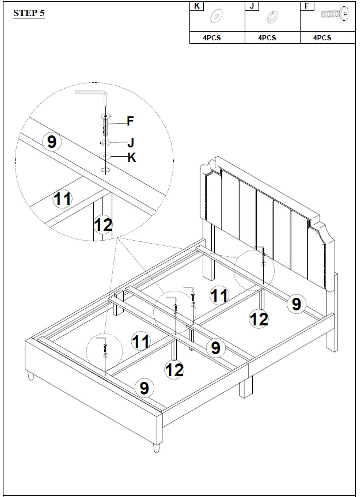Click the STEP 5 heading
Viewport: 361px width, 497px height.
pos(29,13)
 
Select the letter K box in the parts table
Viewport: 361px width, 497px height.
pos(197,6)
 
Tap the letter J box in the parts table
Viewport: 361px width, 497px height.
pos(253,6)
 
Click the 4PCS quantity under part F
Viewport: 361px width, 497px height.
pos(322,37)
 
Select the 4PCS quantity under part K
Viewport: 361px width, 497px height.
pos(211,37)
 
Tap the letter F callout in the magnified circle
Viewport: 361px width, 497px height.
pos(130,121)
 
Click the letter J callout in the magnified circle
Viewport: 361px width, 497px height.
pos(131,142)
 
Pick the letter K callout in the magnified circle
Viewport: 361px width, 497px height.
pos(131,157)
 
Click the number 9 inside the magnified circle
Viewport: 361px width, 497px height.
pos(52,142)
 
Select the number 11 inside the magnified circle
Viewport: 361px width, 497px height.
pos(62,200)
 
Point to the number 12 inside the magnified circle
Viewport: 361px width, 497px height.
pos(103,225)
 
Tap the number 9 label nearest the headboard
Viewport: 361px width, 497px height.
pos(296,303)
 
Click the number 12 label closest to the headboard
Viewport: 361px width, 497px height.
pos(259,318)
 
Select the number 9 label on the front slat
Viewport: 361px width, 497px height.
pos(144,388)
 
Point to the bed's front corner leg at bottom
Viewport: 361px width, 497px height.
pos(155,446)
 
